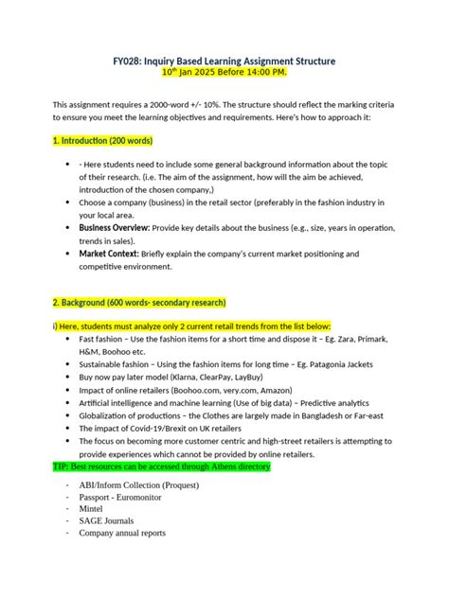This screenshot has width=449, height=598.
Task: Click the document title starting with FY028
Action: (x=224, y=61)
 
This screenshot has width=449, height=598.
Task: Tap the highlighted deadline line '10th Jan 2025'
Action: (x=224, y=73)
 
